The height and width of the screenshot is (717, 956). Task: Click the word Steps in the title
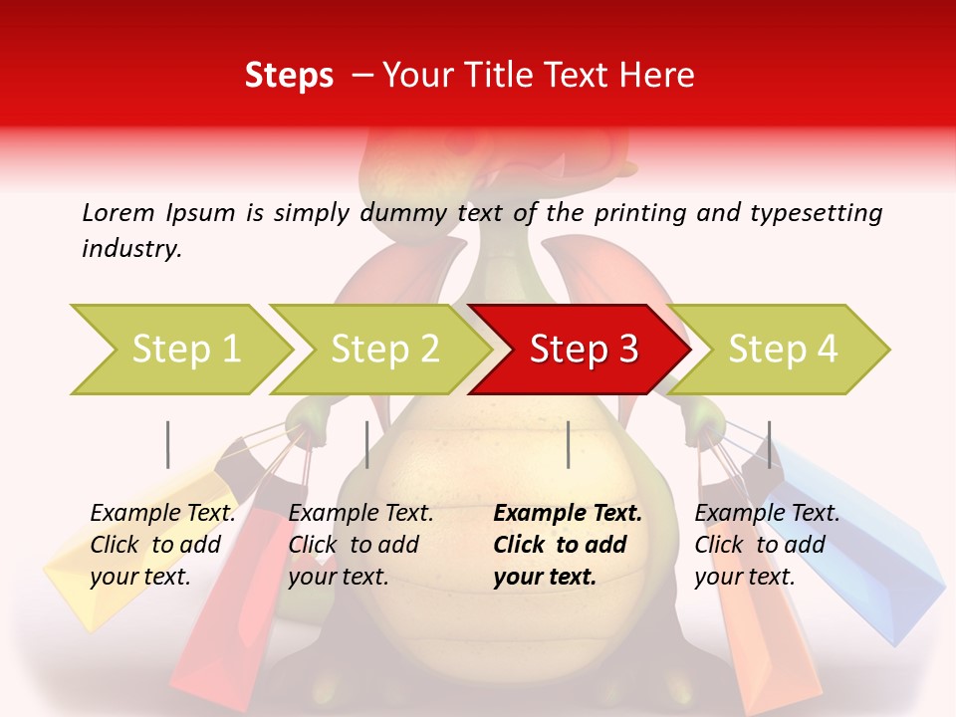pos(289,76)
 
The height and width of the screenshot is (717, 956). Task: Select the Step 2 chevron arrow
pos(383,349)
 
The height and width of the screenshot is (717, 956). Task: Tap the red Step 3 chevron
pos(583,349)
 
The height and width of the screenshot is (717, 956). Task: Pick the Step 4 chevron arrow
pos(782,349)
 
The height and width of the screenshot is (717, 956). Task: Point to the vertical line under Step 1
pos(168,444)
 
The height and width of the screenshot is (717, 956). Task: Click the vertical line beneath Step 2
pos(367,444)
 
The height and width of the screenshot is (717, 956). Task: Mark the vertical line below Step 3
pos(568,444)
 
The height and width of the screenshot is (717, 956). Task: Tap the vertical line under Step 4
pos(769,444)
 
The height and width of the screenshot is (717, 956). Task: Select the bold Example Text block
pos(568,545)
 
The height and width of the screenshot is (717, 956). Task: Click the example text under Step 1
pos(162,545)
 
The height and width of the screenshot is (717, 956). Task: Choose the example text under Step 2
pos(360,545)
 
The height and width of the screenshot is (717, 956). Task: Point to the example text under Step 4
pos(767,545)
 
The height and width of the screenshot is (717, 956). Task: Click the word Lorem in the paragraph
pos(119,212)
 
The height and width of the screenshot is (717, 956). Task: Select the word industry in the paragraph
pos(130,249)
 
